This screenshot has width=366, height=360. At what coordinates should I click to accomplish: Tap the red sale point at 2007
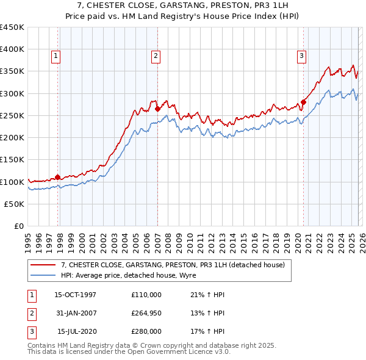coord(157,109)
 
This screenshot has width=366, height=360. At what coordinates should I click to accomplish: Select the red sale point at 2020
coord(303,103)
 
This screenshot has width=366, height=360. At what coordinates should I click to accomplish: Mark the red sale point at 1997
coord(58,178)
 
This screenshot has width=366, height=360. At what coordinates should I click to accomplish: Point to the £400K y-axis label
coord(12,49)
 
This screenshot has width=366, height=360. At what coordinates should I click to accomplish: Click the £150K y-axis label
coord(12,160)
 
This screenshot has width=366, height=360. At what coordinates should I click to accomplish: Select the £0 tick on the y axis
coord(20,226)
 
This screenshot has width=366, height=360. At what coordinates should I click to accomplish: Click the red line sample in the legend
coord(44,265)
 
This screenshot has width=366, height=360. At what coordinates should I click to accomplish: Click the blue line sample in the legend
coord(44,275)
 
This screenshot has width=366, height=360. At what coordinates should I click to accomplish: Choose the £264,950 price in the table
coord(146,313)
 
